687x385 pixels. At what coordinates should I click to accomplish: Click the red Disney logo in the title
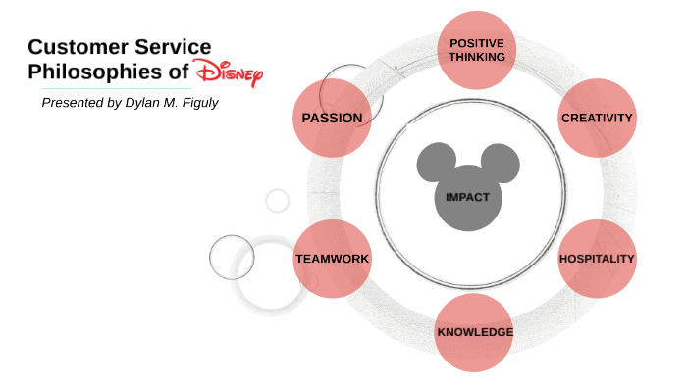[x=229, y=73]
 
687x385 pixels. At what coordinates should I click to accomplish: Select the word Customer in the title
[x=76, y=46]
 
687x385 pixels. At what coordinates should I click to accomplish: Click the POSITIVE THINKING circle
[x=477, y=50]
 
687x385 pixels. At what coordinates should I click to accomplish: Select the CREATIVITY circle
[x=597, y=118]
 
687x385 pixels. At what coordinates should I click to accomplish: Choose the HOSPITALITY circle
[x=597, y=259]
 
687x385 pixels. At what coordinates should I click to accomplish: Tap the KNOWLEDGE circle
[x=475, y=332]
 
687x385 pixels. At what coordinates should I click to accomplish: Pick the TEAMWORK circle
[x=333, y=259]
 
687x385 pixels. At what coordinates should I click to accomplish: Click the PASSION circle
[x=333, y=118]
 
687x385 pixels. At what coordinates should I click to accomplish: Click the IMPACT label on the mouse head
[x=467, y=197]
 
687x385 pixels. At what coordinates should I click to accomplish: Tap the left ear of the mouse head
[x=436, y=163]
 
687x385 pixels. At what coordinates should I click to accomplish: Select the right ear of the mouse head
[x=499, y=163]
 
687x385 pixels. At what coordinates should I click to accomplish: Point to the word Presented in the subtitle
[x=72, y=103]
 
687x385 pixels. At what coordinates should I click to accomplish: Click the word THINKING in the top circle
[x=477, y=57]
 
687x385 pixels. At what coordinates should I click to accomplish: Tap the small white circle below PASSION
[x=278, y=201]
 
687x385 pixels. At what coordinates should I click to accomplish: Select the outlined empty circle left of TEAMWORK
[x=232, y=258]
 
